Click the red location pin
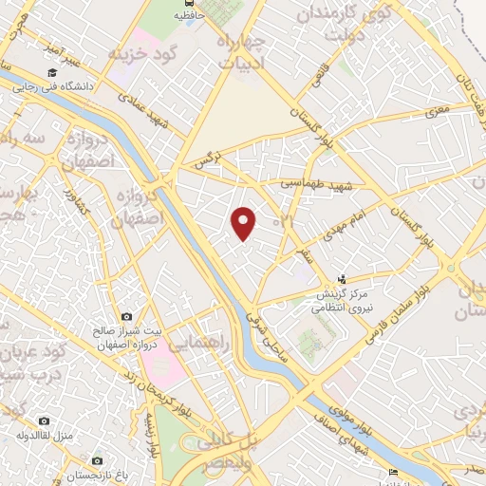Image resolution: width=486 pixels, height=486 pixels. (x=245, y=223)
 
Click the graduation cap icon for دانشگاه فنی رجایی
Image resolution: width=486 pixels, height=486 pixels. (x=50, y=73)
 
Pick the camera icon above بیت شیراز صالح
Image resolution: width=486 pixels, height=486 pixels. (x=126, y=316)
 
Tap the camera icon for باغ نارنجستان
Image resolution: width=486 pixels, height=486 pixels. (x=98, y=460)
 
